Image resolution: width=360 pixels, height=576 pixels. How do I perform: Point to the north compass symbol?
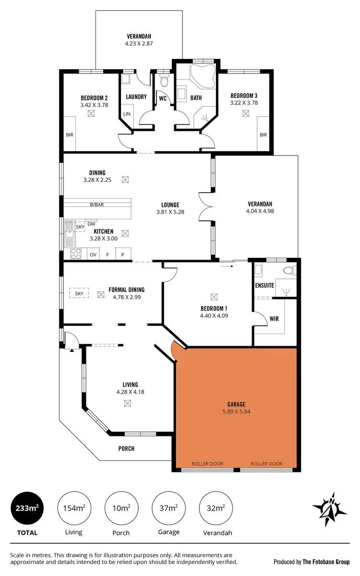(x=329, y=508)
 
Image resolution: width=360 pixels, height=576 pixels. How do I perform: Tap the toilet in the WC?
(x=164, y=80)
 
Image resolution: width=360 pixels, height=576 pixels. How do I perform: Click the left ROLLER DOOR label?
(x=207, y=464)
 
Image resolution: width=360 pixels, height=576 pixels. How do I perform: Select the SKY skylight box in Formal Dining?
(x=79, y=293)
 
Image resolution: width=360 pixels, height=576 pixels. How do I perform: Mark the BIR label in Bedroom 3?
(x=263, y=135)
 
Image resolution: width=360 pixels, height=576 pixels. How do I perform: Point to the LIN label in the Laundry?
(x=127, y=114)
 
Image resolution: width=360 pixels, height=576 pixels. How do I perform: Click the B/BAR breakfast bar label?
(x=97, y=205)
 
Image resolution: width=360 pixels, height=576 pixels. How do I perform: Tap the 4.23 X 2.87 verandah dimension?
(x=139, y=43)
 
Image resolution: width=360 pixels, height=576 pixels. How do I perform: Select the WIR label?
(x=275, y=319)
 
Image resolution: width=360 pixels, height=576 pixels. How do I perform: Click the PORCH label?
(x=126, y=449)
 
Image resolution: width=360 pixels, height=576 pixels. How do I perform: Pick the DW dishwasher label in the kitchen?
(x=91, y=223)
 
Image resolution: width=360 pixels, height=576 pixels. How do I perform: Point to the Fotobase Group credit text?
(x=312, y=561)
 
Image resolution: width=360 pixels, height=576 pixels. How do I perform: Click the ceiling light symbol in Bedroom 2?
(x=91, y=114)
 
